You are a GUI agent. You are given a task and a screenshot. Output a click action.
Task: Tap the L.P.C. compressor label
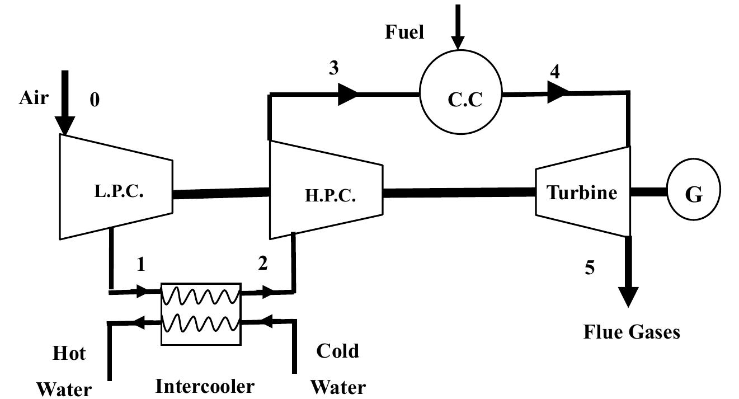119,192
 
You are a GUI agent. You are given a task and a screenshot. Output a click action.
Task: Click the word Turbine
582,193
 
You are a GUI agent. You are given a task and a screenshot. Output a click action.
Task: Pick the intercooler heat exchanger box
201,313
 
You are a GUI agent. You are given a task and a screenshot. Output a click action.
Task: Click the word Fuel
404,32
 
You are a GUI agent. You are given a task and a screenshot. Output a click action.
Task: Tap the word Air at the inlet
34,98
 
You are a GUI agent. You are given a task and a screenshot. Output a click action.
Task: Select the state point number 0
95,101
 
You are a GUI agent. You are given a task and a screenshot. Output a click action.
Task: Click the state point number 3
333,68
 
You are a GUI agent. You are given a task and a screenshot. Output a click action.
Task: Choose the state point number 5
590,268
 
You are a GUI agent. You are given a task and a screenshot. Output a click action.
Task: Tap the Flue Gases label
632,332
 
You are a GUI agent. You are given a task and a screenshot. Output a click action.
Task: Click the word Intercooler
204,386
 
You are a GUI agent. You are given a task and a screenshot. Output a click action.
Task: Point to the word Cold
337,351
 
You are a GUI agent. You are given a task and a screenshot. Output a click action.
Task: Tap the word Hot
69,354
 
